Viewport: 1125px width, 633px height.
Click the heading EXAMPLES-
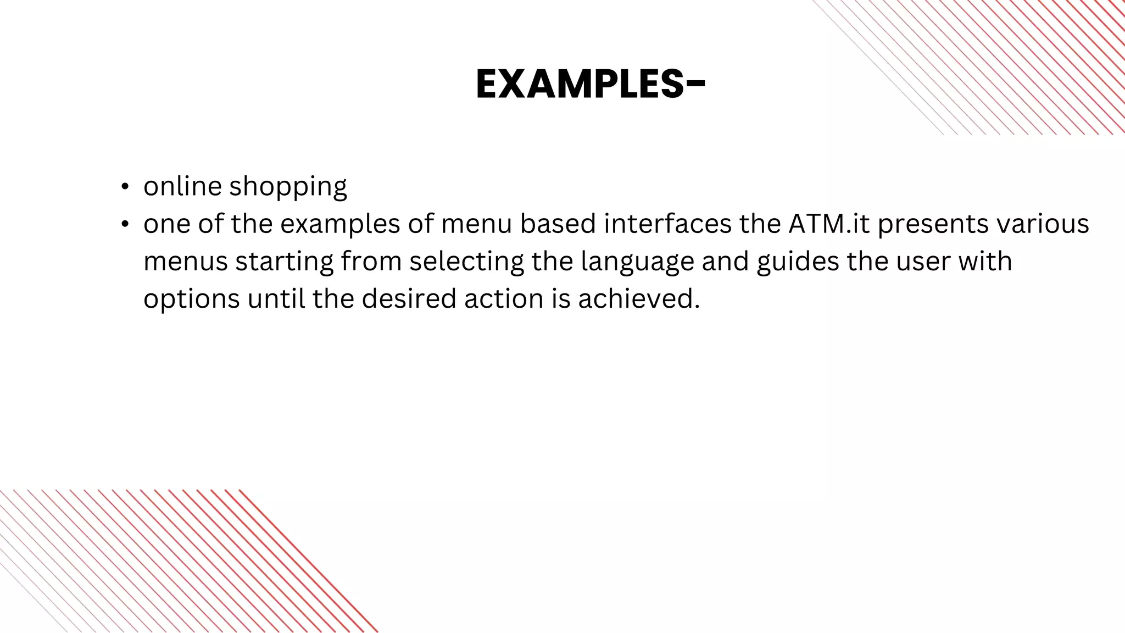[590, 85]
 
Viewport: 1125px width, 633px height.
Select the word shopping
[288, 187]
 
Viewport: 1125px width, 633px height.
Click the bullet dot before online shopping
[125, 187]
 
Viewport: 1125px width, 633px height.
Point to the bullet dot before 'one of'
[125, 224]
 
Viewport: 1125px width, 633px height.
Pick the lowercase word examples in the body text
[340, 225]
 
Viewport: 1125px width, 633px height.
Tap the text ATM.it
[829, 224]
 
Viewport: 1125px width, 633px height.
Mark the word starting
[284, 262]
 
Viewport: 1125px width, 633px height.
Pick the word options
[192, 299]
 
